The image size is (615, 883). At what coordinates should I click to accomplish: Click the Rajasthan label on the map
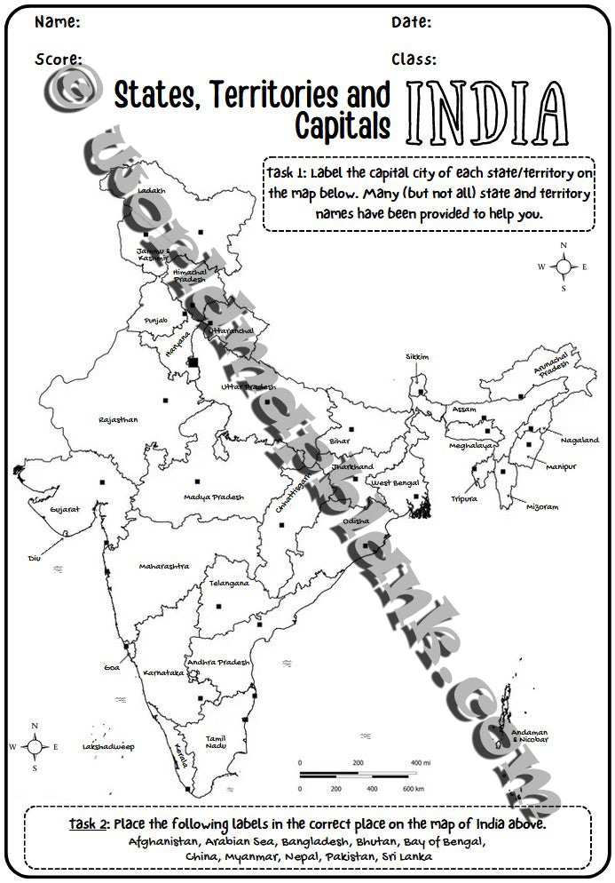(118, 419)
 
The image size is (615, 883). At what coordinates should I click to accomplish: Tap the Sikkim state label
(417, 356)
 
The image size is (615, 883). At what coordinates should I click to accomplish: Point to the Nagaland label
(580, 440)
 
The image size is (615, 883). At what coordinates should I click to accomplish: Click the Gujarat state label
(65, 509)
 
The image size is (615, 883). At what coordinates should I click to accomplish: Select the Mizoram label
(541, 506)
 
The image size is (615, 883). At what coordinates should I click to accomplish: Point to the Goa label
(112, 667)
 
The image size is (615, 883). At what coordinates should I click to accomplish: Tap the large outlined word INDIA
(486, 114)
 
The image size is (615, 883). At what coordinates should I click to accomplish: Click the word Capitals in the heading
(343, 126)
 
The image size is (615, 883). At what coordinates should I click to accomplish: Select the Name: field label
(57, 21)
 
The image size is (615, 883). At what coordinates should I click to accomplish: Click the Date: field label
(412, 21)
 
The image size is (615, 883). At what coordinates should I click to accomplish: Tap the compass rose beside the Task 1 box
(563, 266)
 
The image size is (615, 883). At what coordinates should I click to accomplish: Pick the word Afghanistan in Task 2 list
(164, 840)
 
